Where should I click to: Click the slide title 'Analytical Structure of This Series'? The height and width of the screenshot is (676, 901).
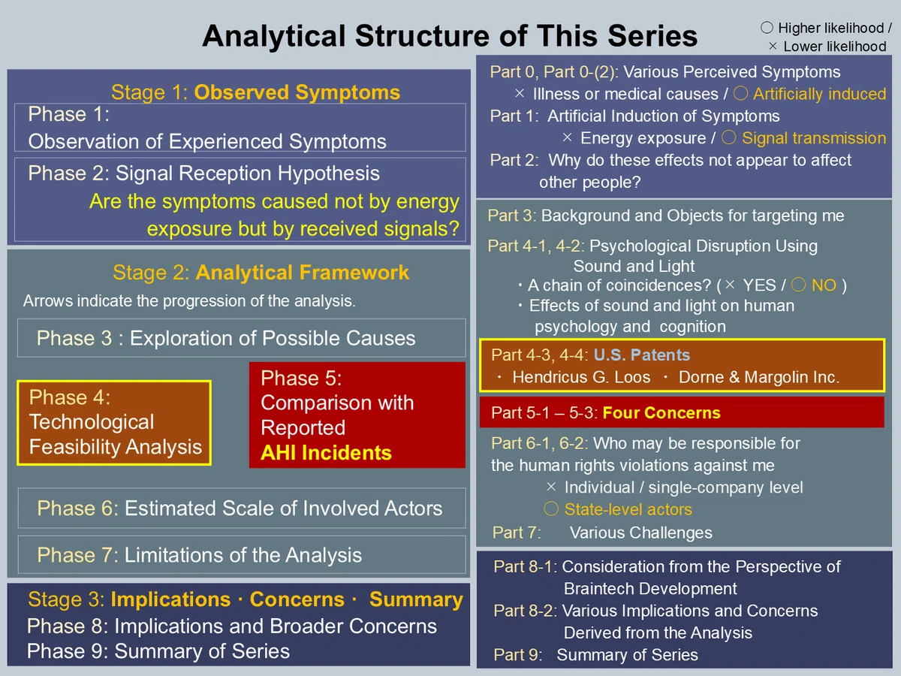click(450, 36)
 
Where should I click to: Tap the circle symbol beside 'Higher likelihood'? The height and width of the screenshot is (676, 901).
click(767, 28)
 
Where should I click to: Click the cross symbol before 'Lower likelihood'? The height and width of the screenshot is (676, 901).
click(773, 47)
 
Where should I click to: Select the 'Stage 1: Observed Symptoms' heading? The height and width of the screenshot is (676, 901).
click(255, 92)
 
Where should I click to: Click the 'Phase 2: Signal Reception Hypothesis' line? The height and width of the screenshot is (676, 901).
click(203, 174)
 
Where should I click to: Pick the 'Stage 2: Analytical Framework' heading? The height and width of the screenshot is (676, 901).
click(261, 273)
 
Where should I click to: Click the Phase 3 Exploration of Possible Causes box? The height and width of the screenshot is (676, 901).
click(241, 338)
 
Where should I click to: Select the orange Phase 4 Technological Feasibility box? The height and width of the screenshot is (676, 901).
click(114, 423)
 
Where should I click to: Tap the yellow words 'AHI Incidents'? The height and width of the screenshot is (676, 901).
click(326, 453)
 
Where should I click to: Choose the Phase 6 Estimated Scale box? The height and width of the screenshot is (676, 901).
click(242, 509)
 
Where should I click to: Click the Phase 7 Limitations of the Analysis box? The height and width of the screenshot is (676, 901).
click(242, 554)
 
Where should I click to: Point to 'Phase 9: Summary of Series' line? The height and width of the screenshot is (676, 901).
click(158, 651)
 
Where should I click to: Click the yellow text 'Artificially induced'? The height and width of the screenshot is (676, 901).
click(819, 94)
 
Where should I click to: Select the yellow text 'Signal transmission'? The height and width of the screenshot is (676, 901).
click(814, 138)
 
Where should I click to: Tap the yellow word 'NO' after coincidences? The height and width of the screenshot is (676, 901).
click(824, 285)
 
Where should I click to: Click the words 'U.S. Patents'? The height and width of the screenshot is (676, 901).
click(641, 355)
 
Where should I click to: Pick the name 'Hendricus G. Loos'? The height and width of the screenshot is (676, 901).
click(581, 377)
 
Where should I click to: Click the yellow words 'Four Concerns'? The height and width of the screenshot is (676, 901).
click(661, 412)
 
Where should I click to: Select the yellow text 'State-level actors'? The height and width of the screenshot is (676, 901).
click(628, 509)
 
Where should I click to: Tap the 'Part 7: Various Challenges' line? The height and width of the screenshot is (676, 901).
click(602, 533)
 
